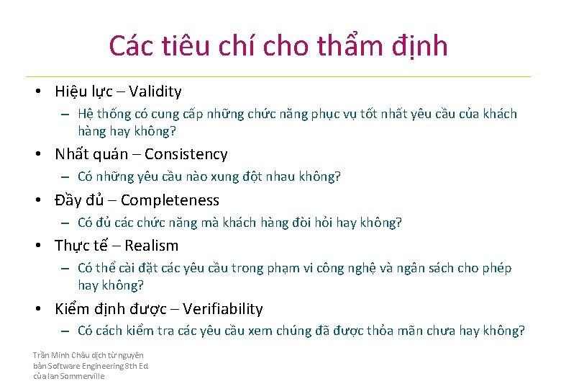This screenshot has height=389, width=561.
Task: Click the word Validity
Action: click(x=155, y=91)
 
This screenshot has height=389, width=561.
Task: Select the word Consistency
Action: click(x=186, y=154)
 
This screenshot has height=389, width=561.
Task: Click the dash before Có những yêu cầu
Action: click(x=65, y=177)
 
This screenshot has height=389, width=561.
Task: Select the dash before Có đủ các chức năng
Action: click(x=65, y=223)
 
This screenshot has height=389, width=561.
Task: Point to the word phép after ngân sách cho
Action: click(x=496, y=269)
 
